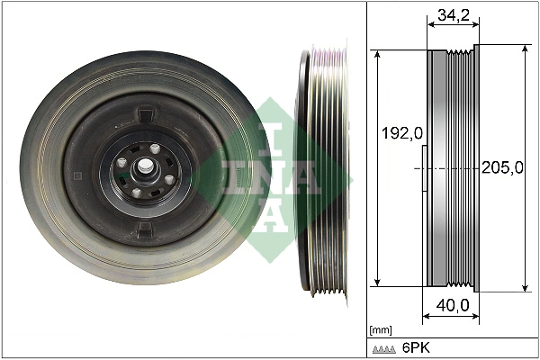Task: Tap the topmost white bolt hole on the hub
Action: [x=154, y=149]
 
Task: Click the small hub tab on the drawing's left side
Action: [x=424, y=168]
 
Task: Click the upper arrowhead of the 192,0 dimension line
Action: [x=379, y=55]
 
